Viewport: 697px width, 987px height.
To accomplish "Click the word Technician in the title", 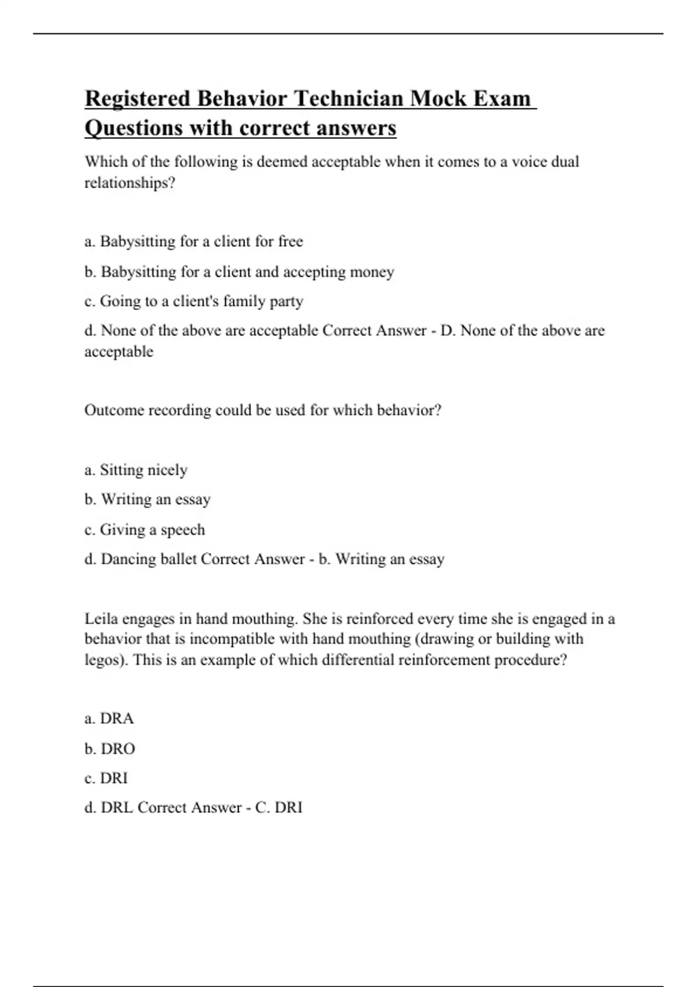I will [x=349, y=98].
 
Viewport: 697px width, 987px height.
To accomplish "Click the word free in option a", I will [x=290, y=241].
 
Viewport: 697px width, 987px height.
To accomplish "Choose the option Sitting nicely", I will [x=143, y=470].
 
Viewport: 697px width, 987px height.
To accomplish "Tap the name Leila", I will [x=101, y=618].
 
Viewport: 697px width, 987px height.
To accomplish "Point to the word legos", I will [x=103, y=660].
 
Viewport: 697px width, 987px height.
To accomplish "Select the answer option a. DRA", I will [x=109, y=719].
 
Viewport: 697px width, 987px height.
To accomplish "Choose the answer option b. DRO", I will [x=110, y=749].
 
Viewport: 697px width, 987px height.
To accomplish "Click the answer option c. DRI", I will [x=106, y=778].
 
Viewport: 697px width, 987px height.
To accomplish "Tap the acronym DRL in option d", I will [x=117, y=808].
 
